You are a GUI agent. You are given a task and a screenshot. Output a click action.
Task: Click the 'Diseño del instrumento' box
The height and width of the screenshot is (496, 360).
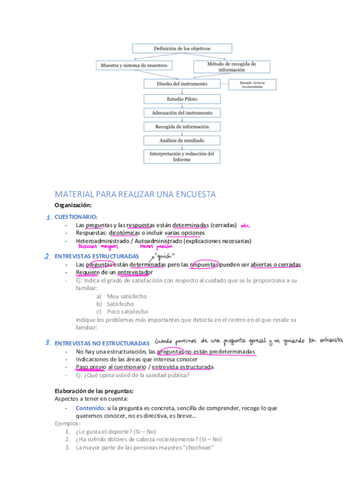pos(182,84)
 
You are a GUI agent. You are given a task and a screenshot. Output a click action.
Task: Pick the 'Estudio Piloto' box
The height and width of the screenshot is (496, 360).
pos(182,98)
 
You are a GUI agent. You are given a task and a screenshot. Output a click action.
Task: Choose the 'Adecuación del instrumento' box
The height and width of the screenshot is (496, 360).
pos(182,112)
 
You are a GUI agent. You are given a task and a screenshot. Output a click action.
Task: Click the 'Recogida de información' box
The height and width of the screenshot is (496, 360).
pos(182,126)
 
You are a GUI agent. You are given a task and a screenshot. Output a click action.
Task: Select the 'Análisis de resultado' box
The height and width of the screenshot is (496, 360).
pos(182,140)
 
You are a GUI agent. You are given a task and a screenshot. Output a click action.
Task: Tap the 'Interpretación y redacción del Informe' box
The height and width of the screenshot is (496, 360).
pos(182,156)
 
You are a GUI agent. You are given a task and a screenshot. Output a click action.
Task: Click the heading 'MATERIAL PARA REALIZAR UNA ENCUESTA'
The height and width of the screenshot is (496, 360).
pos(135,194)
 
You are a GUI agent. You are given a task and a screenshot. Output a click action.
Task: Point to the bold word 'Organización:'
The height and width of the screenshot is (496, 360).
pos(73,205)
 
